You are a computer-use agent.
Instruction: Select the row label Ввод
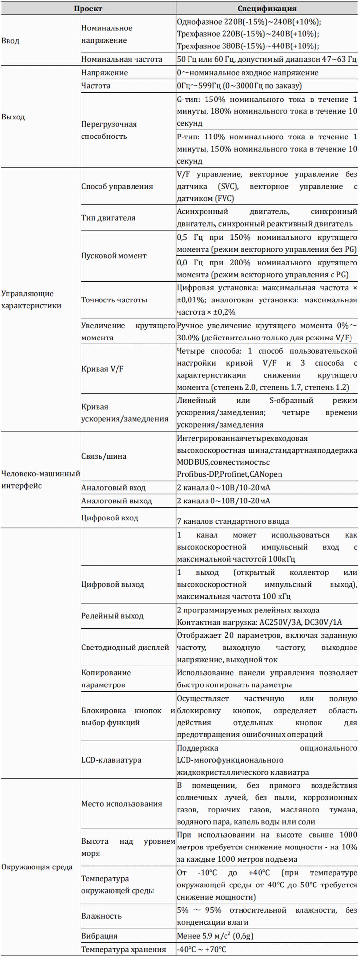click(x=10, y=41)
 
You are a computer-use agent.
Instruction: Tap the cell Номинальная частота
click(x=122, y=59)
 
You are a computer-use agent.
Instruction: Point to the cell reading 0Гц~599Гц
click(x=239, y=86)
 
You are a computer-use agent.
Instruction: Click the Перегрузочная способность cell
click(x=109, y=130)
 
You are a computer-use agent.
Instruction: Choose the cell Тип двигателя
click(x=108, y=218)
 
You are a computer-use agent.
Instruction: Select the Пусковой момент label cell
click(x=114, y=256)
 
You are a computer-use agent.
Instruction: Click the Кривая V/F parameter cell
click(x=102, y=369)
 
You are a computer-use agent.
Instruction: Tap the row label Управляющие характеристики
click(x=31, y=300)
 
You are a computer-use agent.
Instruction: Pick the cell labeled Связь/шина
click(x=104, y=456)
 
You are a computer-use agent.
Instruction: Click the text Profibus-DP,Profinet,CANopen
click(x=229, y=474)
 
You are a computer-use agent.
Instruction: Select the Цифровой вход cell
click(x=110, y=518)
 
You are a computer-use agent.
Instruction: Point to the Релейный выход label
click(x=113, y=616)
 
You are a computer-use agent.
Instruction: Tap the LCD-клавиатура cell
click(x=112, y=760)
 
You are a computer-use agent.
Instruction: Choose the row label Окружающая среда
click(x=37, y=867)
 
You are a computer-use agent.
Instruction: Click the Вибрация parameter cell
click(x=99, y=936)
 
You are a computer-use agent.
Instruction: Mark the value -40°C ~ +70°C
click(x=202, y=949)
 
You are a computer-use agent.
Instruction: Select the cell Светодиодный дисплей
click(x=125, y=647)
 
